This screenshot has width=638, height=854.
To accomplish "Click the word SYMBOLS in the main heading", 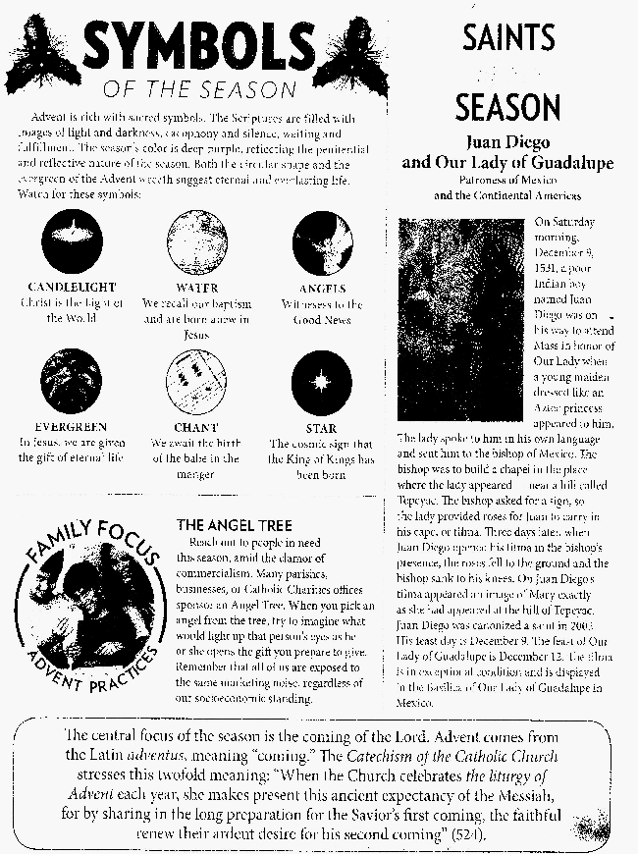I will click(x=196, y=47).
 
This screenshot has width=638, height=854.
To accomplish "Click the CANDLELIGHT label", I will click(x=70, y=288).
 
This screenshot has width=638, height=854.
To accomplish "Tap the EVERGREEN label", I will click(x=70, y=428).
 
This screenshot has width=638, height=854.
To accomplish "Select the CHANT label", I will click(x=195, y=428).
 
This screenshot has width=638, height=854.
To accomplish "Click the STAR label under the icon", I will click(x=321, y=428).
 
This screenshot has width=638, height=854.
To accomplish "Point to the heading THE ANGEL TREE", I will click(x=234, y=524).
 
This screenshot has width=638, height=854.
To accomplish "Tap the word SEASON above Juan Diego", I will click(x=507, y=106).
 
